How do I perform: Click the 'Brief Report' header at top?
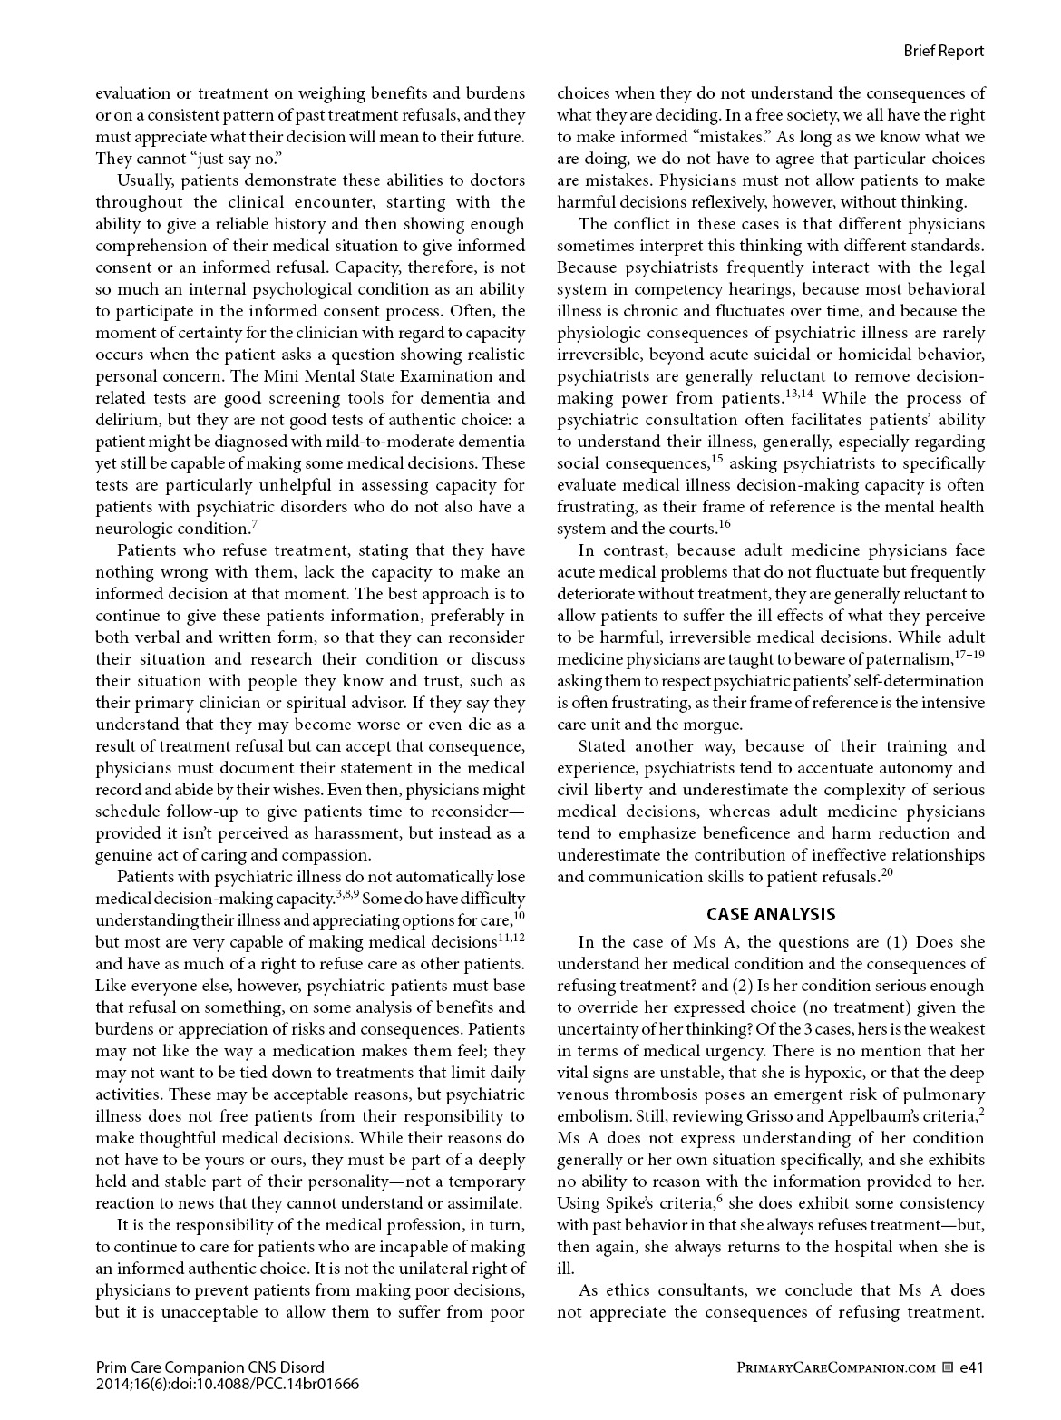(x=943, y=51)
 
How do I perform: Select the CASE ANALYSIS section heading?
(x=771, y=914)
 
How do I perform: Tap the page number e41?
(x=971, y=1367)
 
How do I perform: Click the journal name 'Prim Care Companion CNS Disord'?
(x=209, y=1367)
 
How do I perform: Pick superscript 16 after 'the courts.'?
(x=725, y=523)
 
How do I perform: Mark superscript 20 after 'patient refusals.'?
(x=888, y=872)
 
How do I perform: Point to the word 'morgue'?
(x=717, y=725)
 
